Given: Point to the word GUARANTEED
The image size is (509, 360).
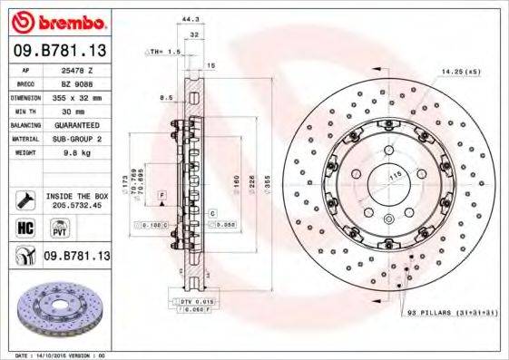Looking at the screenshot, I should pyautogui.click(x=76, y=125).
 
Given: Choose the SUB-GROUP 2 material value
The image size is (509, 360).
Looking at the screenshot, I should pyautogui.click(x=76, y=139).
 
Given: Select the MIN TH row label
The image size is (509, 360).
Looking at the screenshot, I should pyautogui.click(x=26, y=110).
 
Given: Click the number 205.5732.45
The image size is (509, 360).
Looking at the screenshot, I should pyautogui.click(x=76, y=206).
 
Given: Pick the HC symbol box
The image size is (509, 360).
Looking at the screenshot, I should pyautogui.click(x=25, y=229).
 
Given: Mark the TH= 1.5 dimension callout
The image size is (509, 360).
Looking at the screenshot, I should pyautogui.click(x=165, y=53).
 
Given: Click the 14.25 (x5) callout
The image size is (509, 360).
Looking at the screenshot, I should pyautogui.click(x=459, y=69).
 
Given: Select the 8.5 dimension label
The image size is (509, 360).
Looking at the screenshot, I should pyautogui.click(x=166, y=96).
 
